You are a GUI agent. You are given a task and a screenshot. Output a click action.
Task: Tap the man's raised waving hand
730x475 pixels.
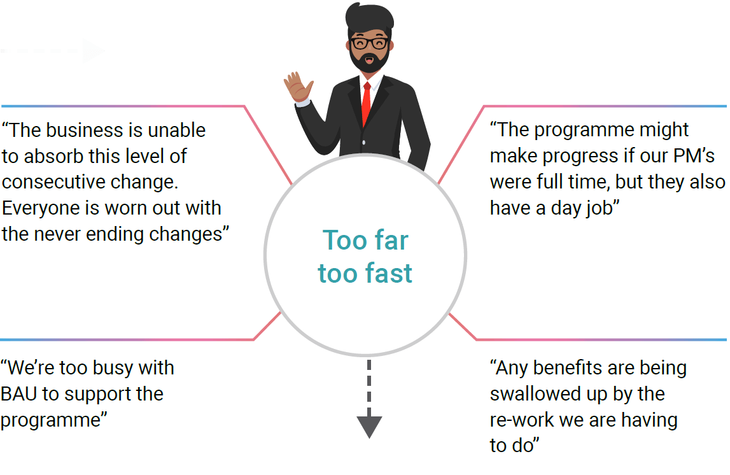point(298,87)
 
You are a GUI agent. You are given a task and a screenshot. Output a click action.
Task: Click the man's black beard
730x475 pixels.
point(369,60)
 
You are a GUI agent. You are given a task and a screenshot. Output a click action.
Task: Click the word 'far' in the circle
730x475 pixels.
point(391,240)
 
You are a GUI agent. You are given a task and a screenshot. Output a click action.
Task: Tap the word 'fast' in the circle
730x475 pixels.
point(390,273)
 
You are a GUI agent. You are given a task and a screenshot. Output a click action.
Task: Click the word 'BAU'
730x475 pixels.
point(18,394)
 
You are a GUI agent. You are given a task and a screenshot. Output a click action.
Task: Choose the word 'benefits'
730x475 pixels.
point(568,368)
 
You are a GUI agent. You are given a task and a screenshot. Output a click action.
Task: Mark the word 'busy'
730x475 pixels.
point(112,369)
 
